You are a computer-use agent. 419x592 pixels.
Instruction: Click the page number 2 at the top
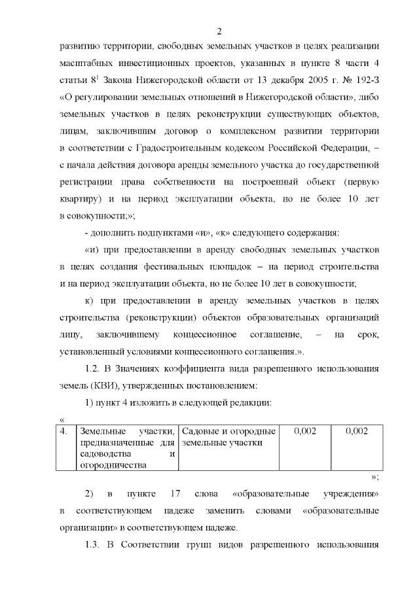[220, 31]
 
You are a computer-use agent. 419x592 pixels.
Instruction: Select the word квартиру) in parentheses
[79, 198]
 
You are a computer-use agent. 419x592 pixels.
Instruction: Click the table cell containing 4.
[64, 431]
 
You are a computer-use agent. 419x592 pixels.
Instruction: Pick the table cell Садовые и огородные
[227, 431]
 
